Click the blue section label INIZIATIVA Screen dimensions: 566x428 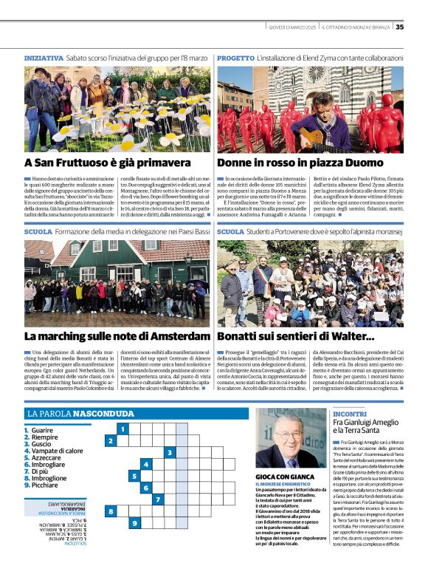point(44,57)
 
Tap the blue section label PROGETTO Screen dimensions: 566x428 point(235,57)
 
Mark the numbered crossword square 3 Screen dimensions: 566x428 point(170,452)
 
